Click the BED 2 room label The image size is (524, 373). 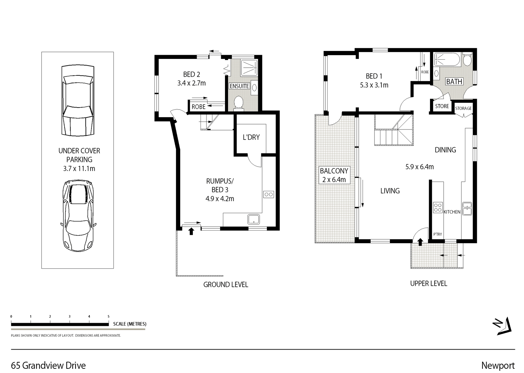(191, 74)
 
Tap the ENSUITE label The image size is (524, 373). (239, 86)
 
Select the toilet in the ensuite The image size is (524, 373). (239, 103)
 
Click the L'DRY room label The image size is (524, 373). (251, 137)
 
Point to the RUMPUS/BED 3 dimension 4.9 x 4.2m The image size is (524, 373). (219, 199)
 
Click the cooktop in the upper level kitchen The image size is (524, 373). (438, 208)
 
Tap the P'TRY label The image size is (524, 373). (437, 234)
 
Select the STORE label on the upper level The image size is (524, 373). (442, 106)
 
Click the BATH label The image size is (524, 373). (454, 82)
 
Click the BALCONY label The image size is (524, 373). (334, 171)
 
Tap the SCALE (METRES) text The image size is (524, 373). (130, 324)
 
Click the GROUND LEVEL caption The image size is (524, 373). (226, 285)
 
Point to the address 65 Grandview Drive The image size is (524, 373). (48, 365)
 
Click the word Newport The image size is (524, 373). (498, 365)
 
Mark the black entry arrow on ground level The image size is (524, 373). (191, 231)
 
